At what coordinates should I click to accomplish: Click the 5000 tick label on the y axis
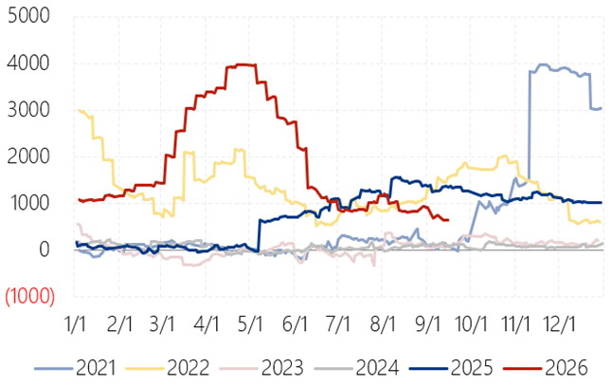click(x=28, y=16)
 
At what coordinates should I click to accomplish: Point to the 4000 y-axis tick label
click(x=28, y=63)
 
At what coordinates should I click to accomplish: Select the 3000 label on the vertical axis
click(x=28, y=110)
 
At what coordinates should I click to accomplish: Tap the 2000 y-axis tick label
click(x=28, y=156)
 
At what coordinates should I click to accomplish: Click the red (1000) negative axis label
click(x=29, y=296)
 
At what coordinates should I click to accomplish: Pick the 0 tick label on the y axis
click(x=45, y=249)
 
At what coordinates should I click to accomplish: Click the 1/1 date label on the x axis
click(x=76, y=324)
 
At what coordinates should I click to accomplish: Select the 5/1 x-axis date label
click(x=250, y=324)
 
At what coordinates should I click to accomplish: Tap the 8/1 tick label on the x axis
click(x=383, y=324)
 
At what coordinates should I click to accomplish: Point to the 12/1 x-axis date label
click(x=560, y=324)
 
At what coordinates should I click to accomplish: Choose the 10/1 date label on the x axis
click(x=471, y=324)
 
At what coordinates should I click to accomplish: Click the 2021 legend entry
click(x=75, y=368)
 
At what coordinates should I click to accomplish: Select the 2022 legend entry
click(x=168, y=368)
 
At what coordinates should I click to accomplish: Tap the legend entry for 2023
click(x=261, y=368)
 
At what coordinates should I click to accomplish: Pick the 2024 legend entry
click(x=356, y=368)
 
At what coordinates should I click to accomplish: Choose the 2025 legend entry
click(x=451, y=368)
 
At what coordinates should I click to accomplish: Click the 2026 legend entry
click(x=546, y=368)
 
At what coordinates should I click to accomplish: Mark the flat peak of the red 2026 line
click(x=242, y=65)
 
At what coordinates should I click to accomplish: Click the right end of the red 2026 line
click(x=448, y=220)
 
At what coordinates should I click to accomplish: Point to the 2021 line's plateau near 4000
click(x=559, y=69)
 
